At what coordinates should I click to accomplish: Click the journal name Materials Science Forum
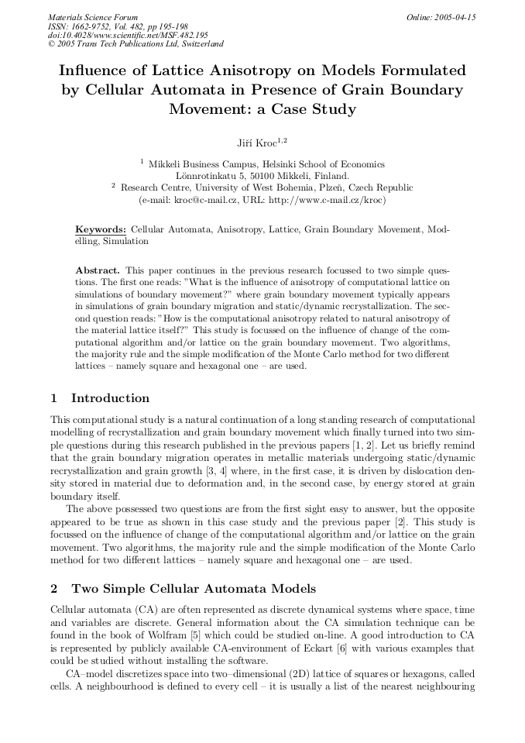point(93,16)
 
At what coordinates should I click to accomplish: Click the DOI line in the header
point(128,35)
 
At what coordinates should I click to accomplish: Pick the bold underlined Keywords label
point(101,230)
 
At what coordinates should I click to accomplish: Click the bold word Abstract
point(97,270)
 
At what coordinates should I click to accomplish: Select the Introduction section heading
point(110,398)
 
